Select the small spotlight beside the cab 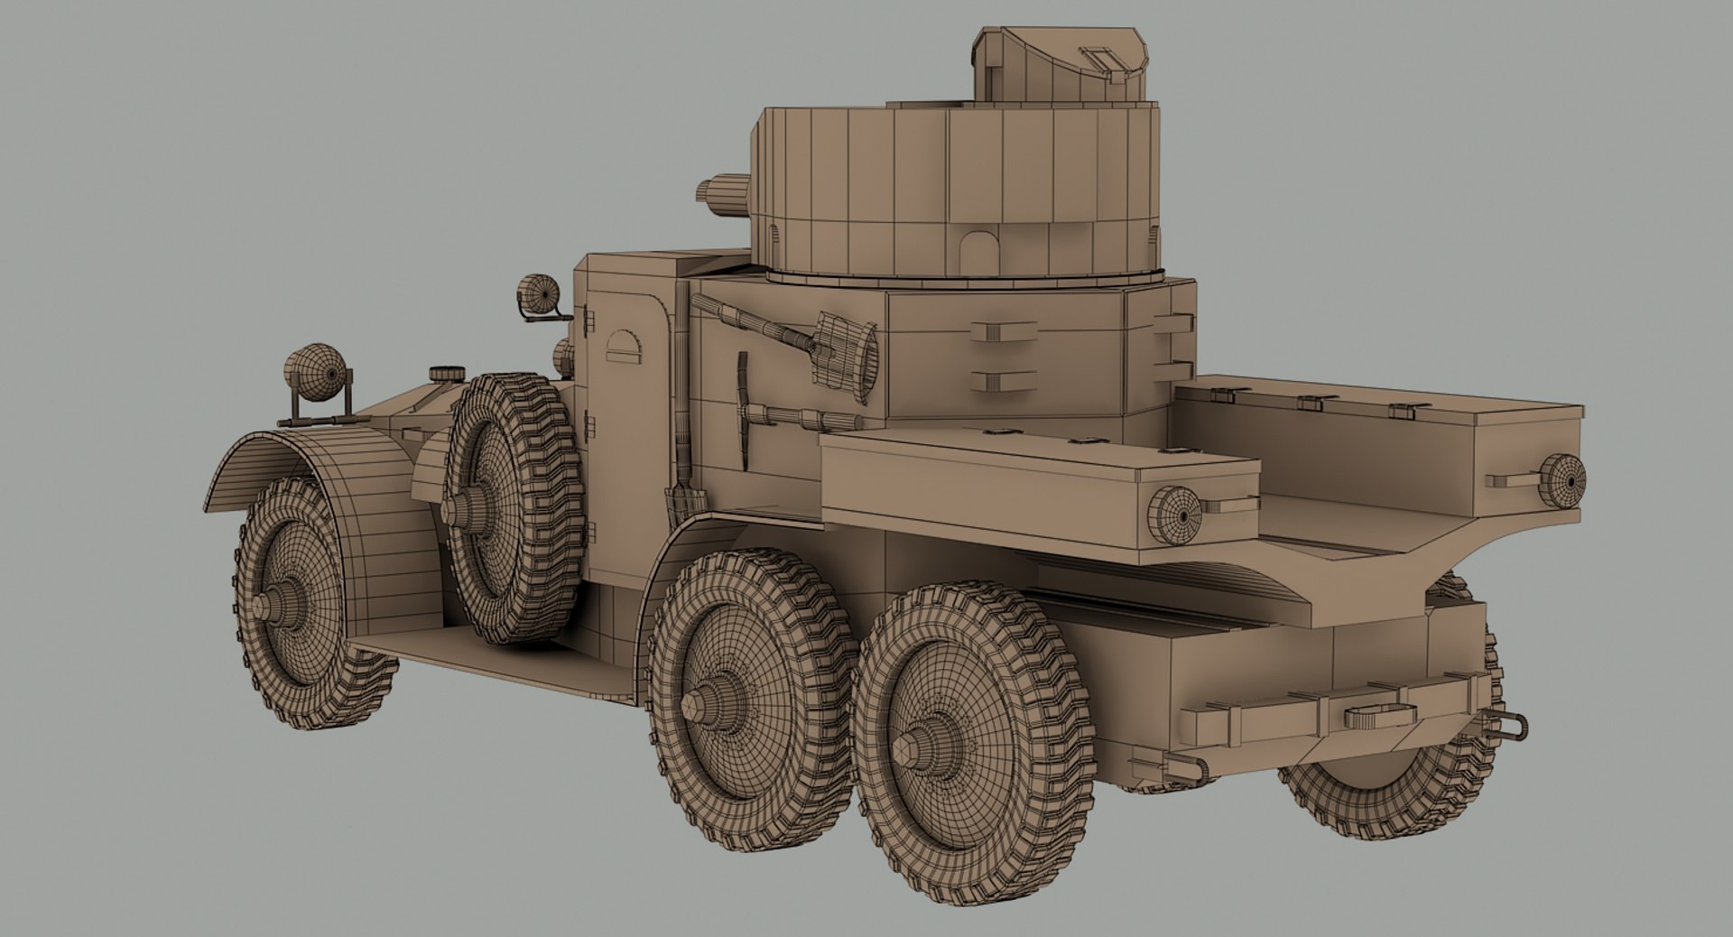click(x=540, y=294)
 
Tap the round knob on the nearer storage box click(x=1174, y=515)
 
